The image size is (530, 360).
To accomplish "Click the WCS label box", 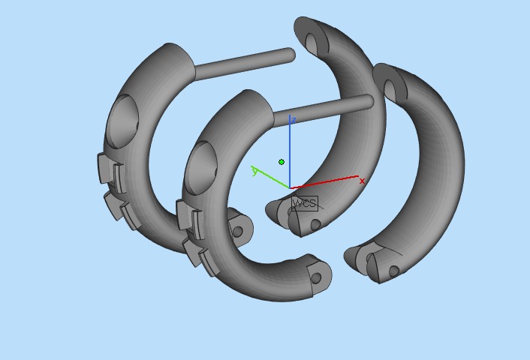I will coord(304,203).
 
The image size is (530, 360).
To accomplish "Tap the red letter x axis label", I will coord(362,181).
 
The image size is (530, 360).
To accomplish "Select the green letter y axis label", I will coord(255,172).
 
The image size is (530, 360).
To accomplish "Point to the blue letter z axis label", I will coord(294,120).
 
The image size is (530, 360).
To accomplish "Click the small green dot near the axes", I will coord(282,162).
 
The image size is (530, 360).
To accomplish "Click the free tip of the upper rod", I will coord(290,55).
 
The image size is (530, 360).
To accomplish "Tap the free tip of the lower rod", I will coord(368,101).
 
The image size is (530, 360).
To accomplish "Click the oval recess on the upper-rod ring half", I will coord(122,120).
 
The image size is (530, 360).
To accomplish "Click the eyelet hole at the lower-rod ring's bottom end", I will coord(316,278).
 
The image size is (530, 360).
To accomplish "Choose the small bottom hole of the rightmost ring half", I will coord(393,271).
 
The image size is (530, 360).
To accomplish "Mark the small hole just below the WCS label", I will coord(315,224).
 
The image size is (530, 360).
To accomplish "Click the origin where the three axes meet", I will coord(290,187).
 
